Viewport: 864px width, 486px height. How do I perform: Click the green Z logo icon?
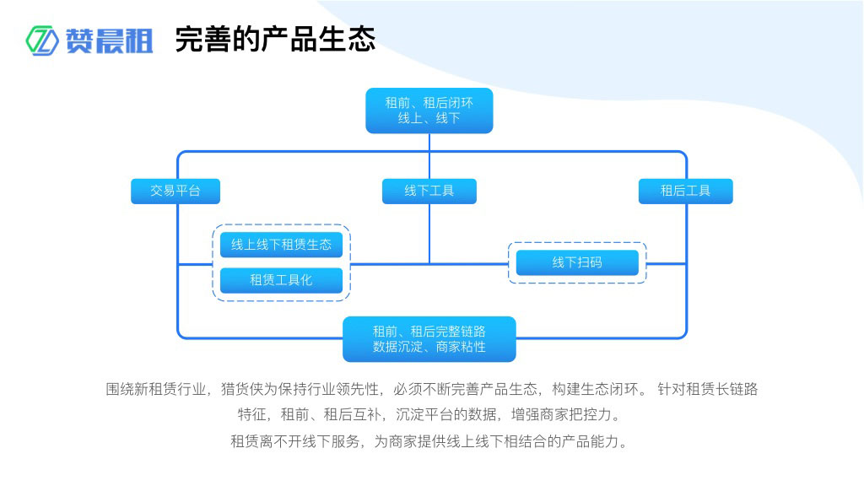[x=40, y=40]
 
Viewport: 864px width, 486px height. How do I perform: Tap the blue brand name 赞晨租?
[x=110, y=40]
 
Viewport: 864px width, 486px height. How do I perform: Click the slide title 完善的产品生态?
[x=275, y=39]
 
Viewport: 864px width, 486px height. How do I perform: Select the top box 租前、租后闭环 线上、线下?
[x=429, y=111]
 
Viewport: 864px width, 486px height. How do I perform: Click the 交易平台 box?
[x=175, y=191]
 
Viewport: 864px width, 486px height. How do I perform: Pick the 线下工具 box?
[x=429, y=191]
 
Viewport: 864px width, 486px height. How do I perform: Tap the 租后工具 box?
[x=685, y=191]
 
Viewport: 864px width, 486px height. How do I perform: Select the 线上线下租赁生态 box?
[x=281, y=245]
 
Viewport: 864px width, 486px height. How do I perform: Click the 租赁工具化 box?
[x=281, y=280]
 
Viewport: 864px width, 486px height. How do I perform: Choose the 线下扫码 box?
[x=577, y=262]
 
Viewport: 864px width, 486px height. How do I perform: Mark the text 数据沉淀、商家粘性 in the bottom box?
[x=429, y=347]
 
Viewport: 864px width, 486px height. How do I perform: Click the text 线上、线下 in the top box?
[x=429, y=118]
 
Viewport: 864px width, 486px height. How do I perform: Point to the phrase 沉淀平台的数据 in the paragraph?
[x=448, y=415]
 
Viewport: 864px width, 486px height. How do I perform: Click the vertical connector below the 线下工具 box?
[x=429, y=233]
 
